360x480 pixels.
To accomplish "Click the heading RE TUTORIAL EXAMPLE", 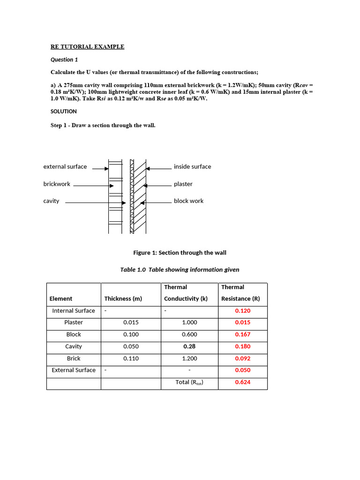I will point(87,46).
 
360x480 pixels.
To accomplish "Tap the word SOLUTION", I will point(63,112).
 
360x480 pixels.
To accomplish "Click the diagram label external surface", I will point(65,166).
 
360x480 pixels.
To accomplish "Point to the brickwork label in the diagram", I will point(57,184).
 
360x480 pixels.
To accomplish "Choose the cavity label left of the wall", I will point(51,201).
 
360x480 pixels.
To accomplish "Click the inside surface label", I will point(192,166).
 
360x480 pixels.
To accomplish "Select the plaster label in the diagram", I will point(183,184).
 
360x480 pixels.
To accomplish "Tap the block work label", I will point(188,201).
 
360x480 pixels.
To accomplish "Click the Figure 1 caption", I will point(180,253).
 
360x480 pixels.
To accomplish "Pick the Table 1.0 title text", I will point(180,270).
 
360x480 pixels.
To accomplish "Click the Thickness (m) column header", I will point(123,299).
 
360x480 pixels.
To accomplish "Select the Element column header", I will point(61,299).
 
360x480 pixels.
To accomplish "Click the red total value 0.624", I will point(242,382).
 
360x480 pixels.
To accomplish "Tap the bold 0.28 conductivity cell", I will point(189,346).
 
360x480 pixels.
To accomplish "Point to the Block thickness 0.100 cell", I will point(131,334).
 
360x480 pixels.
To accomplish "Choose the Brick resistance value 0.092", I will point(242,358).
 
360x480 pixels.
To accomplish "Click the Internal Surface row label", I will point(74,311).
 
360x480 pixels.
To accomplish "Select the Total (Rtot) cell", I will point(189,382).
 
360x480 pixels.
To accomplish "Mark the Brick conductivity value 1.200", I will point(189,358).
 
